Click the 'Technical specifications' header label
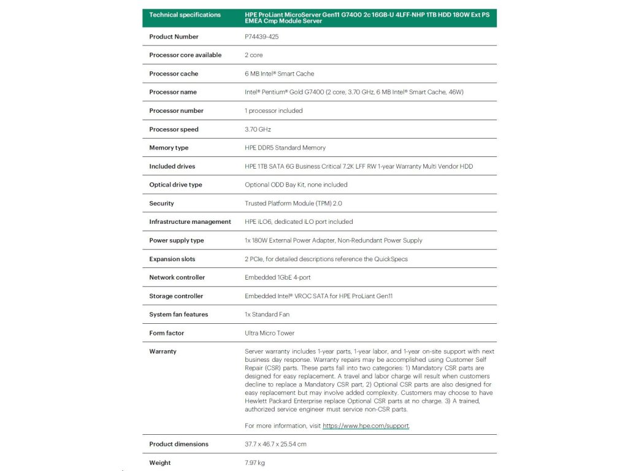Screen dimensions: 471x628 185,15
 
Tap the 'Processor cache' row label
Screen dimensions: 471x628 174,74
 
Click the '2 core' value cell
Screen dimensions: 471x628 253,55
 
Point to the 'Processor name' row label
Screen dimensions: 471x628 173,92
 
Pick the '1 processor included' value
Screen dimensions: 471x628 274,111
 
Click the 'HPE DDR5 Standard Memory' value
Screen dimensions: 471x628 285,148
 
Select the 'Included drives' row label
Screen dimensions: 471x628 172,166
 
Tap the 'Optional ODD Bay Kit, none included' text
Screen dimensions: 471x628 296,185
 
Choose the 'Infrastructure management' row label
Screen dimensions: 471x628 190,222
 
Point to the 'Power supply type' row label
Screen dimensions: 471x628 177,240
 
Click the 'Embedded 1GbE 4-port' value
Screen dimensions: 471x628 277,278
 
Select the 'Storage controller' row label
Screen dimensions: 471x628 176,296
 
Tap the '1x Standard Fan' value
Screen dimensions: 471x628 267,315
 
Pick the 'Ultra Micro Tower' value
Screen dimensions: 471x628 269,333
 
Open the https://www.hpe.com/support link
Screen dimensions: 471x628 366,426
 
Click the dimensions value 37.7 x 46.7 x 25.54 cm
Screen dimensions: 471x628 275,444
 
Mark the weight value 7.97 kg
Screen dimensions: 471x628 255,462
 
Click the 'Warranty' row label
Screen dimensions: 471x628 163,351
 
